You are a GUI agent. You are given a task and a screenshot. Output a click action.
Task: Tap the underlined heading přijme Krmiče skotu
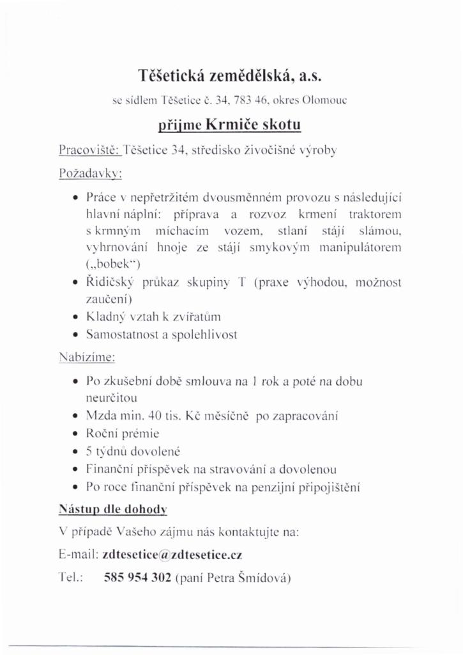click(231, 123)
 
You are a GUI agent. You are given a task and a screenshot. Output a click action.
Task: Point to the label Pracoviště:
click(89, 150)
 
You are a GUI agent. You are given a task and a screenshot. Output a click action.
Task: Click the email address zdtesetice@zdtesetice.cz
click(172, 555)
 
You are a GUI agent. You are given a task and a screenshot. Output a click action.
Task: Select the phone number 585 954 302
click(137, 578)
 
